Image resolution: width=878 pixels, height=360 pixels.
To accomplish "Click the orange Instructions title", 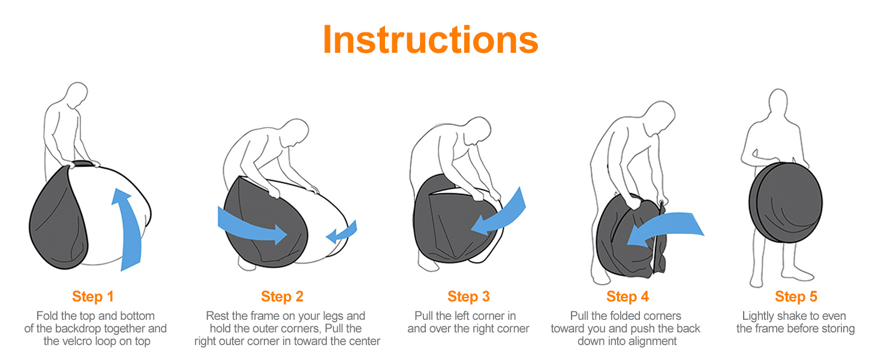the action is click(x=431, y=39).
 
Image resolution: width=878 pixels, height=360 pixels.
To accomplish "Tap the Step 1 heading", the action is click(x=93, y=296).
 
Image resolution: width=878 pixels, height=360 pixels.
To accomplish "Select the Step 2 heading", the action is click(x=282, y=296).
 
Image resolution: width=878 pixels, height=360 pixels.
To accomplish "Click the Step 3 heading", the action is click(x=468, y=296).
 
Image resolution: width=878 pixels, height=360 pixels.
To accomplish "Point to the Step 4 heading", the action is click(x=627, y=296).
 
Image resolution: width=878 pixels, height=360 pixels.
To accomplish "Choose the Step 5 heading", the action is click(x=796, y=296).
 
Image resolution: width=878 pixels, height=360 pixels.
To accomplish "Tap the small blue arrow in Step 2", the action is click(x=342, y=233).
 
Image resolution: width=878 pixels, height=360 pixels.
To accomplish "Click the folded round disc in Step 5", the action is click(x=786, y=203).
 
